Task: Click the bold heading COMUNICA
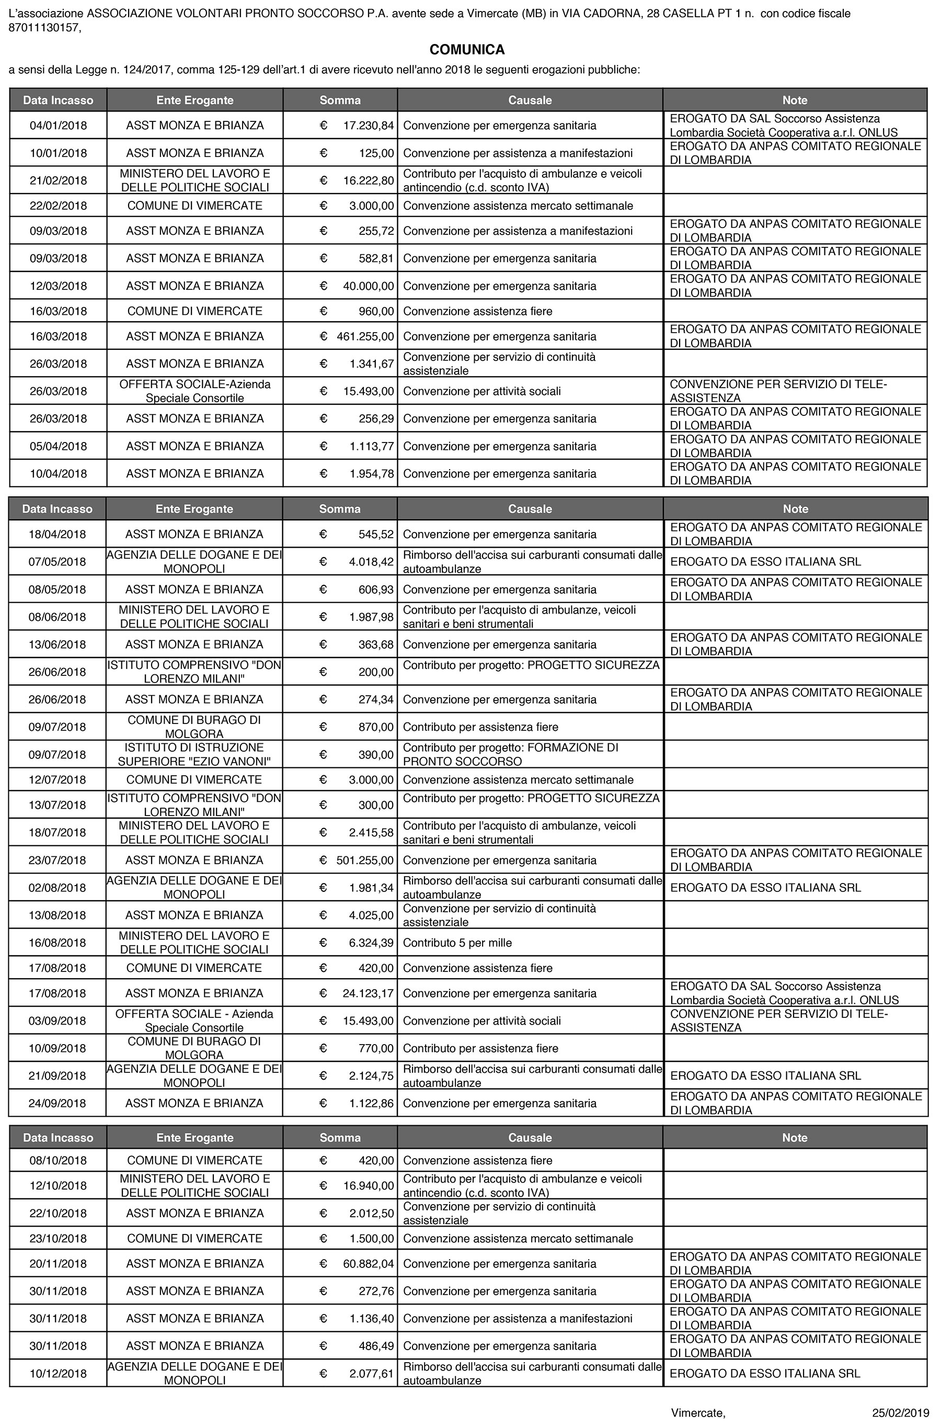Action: coord(467,49)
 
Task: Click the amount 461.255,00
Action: coord(365,336)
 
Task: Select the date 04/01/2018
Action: coord(58,126)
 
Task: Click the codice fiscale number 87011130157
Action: coord(43,27)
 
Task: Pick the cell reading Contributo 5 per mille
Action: coord(457,943)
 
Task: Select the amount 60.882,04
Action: coord(368,1264)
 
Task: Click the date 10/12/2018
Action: coord(58,1374)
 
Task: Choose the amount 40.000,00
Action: coord(368,286)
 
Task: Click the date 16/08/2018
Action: coord(58,943)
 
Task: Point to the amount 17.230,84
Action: coord(368,126)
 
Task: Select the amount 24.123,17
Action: coord(368,993)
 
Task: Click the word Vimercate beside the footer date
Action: coord(698,1412)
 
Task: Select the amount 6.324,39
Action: coord(371,943)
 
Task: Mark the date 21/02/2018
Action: coord(58,180)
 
